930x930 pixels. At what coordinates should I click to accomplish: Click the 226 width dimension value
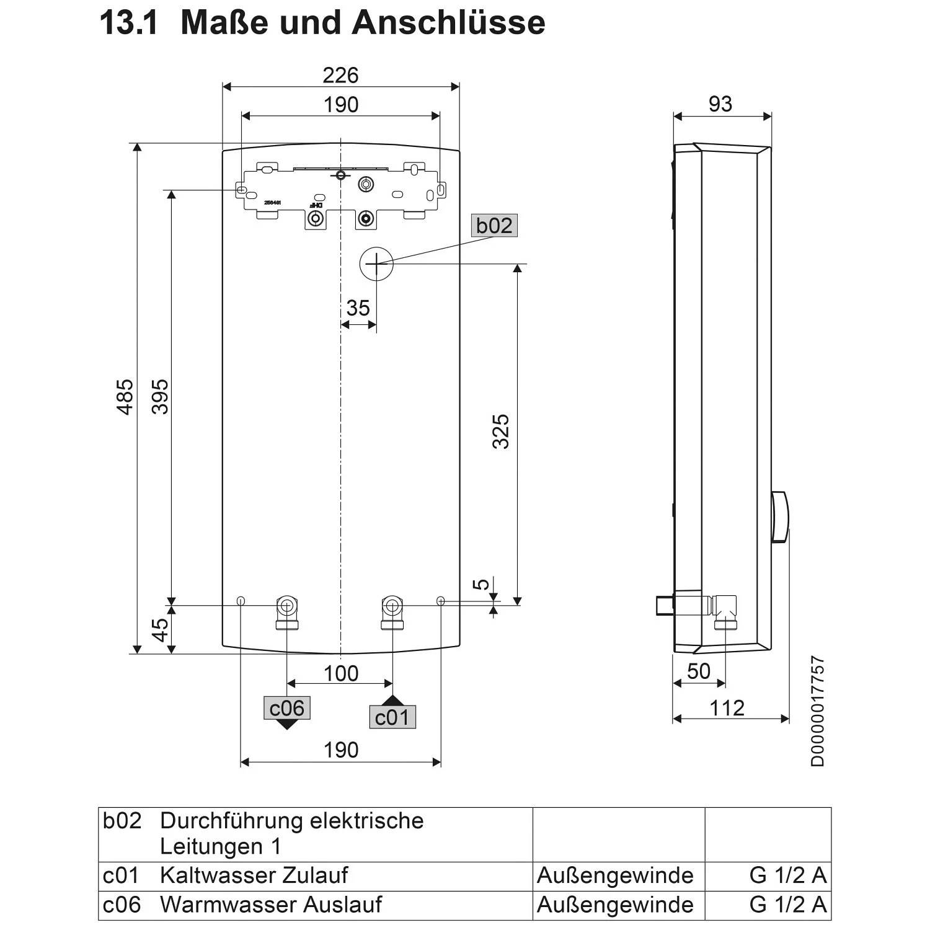coord(340,76)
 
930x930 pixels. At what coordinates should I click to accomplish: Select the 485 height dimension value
coord(125,397)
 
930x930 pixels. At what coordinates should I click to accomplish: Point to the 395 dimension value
coord(161,397)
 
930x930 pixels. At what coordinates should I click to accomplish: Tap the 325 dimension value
coord(500,431)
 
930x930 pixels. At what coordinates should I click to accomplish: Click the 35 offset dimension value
coord(358,308)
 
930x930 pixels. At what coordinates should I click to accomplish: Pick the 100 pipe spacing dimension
coord(341,673)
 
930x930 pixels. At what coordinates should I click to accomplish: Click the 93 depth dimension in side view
coord(720,104)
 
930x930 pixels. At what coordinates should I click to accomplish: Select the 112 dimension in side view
coord(727,708)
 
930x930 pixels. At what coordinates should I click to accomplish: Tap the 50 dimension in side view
coord(699,671)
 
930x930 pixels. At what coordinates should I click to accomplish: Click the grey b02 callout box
coord(494,226)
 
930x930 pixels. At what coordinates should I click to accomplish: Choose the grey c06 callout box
coord(287,708)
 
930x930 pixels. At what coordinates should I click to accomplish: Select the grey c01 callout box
coord(392,717)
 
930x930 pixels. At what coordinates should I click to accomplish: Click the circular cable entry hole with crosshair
coord(376,263)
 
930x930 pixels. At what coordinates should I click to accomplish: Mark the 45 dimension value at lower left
coord(161,630)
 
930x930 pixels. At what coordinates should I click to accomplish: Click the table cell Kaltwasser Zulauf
coord(254,875)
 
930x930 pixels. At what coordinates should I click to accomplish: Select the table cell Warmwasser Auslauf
coord(271,905)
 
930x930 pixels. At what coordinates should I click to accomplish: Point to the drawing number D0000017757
coord(818,712)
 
